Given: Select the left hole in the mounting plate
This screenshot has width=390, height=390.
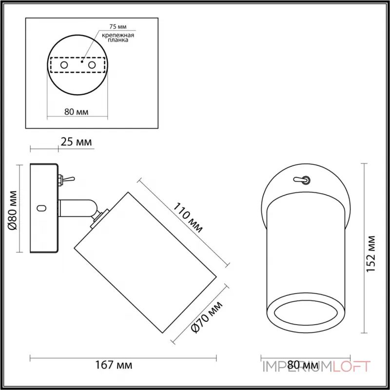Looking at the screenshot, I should pos(63,64).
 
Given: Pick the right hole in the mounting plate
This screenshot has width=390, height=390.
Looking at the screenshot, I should pos(91,64).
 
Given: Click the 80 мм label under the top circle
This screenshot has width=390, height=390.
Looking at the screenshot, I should pos(77,112).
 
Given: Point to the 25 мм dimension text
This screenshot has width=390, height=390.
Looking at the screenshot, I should pos(77,142).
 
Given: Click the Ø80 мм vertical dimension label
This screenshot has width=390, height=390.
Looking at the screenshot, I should pos(13,209).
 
